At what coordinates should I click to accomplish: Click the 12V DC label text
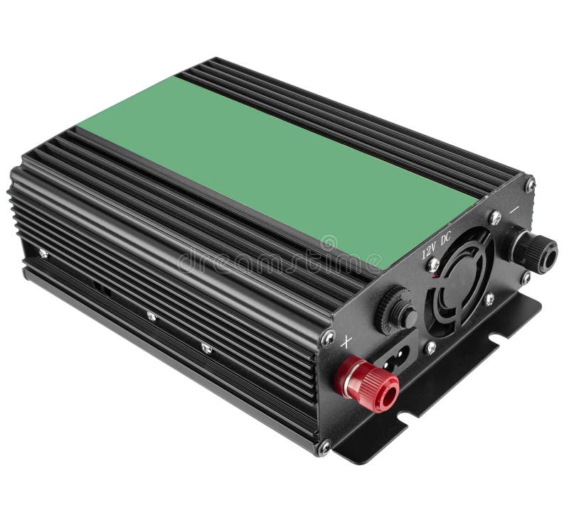(x=435, y=245)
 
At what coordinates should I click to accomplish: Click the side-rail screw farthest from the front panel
(x=43, y=253)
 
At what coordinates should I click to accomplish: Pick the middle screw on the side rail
(x=151, y=315)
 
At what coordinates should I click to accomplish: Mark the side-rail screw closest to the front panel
(x=206, y=348)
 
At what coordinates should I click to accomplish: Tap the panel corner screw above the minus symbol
(x=530, y=184)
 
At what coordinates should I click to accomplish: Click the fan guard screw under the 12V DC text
(x=433, y=265)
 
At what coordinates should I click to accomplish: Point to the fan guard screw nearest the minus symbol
(x=496, y=219)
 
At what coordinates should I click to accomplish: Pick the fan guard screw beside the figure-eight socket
(x=430, y=348)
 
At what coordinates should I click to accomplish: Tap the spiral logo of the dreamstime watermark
(x=329, y=244)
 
